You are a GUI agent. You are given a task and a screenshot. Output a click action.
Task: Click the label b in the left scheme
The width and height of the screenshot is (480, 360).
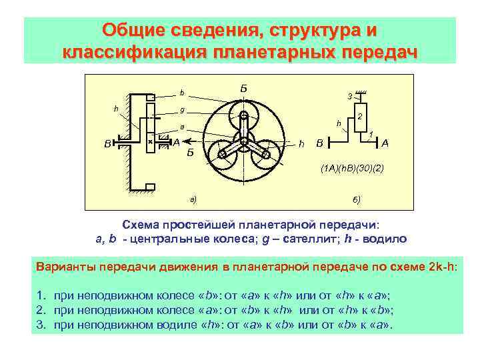tap(181, 93)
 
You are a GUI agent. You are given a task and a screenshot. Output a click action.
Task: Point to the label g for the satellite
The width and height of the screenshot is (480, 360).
tap(182, 110)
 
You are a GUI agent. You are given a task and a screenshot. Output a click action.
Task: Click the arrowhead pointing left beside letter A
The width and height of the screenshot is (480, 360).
tap(185, 141)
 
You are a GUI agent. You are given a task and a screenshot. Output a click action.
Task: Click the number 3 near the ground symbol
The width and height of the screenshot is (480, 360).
tap(349, 97)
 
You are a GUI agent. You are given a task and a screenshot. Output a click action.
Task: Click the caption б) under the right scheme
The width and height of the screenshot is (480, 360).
tap(357, 199)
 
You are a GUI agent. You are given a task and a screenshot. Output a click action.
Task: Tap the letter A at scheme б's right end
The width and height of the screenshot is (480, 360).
tap(385, 143)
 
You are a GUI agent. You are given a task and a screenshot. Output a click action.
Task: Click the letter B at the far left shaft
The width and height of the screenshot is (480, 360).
tap(107, 143)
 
